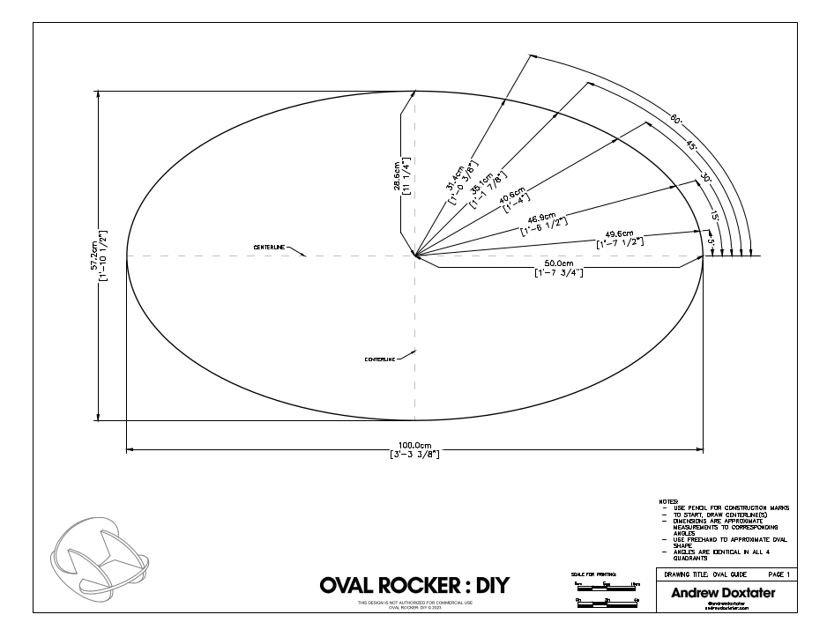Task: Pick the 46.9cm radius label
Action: pos(545,220)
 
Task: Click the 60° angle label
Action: pos(675,120)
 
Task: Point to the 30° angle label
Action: pos(706,177)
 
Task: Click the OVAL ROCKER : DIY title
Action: pos(413,586)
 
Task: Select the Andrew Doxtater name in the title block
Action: pos(723,593)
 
